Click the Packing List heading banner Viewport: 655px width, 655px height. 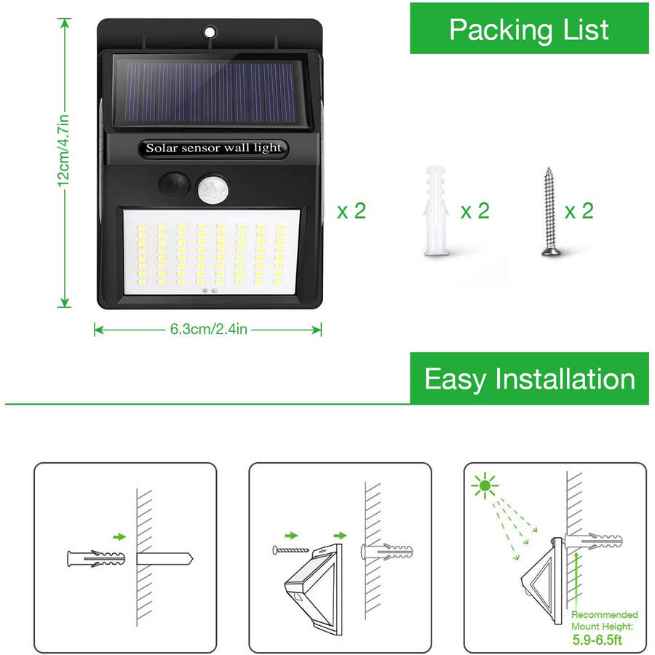click(x=529, y=28)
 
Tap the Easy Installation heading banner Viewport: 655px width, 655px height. click(x=529, y=378)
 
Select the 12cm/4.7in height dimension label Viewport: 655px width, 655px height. click(x=63, y=151)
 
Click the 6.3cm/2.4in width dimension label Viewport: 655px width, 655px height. click(x=208, y=329)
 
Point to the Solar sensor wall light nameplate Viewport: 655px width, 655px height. click(x=213, y=148)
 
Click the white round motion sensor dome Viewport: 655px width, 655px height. click(x=213, y=189)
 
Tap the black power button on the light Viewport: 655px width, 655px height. click(x=175, y=184)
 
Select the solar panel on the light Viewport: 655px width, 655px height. click(x=211, y=92)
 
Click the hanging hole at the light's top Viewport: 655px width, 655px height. click(x=210, y=32)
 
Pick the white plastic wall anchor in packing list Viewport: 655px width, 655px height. click(x=436, y=210)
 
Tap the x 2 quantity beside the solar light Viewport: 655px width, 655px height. click(x=352, y=211)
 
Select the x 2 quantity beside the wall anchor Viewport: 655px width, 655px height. click(x=475, y=211)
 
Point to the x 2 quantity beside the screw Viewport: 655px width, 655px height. click(x=579, y=211)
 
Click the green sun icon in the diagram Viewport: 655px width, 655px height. click(x=485, y=485)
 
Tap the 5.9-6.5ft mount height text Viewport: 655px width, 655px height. click(x=597, y=640)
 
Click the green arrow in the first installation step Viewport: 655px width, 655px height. click(x=119, y=536)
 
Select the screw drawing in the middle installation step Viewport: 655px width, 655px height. click(x=290, y=550)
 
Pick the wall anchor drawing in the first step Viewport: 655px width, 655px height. click(x=96, y=558)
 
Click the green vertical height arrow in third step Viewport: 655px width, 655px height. click(x=576, y=580)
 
